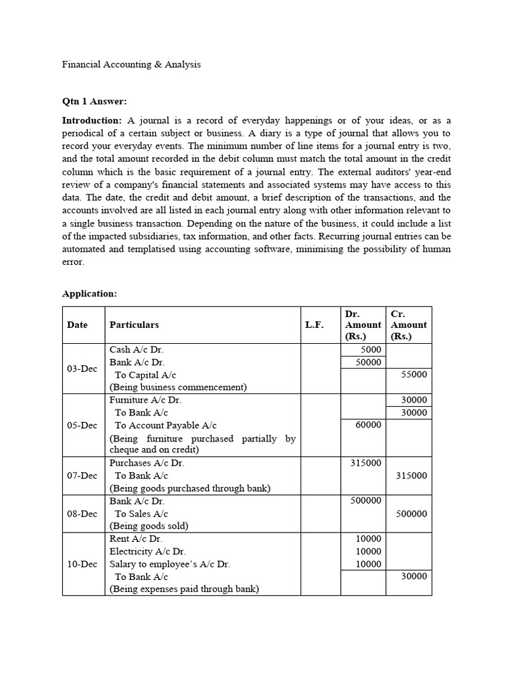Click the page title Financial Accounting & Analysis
(131, 65)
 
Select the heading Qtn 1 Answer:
(94, 102)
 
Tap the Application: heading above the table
(89, 293)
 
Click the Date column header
(77, 324)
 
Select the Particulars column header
(135, 324)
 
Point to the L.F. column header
(314, 324)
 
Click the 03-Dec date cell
(82, 369)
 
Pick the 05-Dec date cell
(82, 425)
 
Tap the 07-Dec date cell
(82, 476)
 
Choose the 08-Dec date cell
(82, 514)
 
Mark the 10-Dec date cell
(82, 564)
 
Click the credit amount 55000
(414, 375)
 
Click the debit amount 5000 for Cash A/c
(371, 350)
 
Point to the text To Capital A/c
(146, 375)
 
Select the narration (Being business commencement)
(178, 387)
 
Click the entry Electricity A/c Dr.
(147, 551)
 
